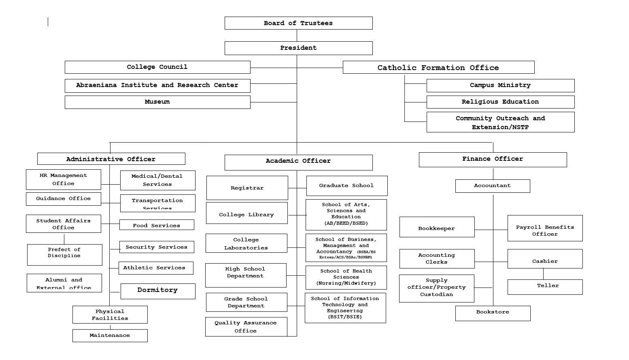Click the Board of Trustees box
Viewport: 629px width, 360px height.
click(x=298, y=23)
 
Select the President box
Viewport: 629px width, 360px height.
click(x=298, y=48)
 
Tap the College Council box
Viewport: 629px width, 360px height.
click(x=157, y=67)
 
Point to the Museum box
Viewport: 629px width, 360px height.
click(x=157, y=102)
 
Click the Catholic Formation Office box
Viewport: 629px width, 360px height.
click(x=438, y=67)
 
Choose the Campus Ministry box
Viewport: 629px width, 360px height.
click(x=500, y=85)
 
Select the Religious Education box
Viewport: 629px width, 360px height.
click(x=500, y=102)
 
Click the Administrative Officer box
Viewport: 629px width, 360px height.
click(x=111, y=159)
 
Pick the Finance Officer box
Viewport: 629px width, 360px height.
click(x=493, y=160)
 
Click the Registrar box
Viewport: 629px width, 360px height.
click(x=247, y=188)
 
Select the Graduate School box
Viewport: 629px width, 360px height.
click(x=346, y=185)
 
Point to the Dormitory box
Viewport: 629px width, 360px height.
click(x=157, y=291)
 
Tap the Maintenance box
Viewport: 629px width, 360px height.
click(x=110, y=336)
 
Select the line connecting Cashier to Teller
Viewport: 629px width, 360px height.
click(x=543, y=274)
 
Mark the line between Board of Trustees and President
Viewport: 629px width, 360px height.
click(x=297, y=35)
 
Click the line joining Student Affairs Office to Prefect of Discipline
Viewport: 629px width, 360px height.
click(x=64, y=239)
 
